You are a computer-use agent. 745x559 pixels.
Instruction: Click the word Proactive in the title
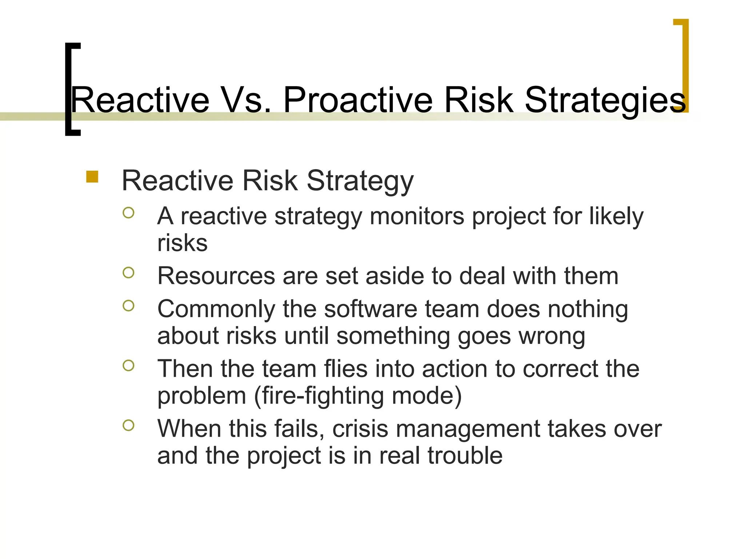tap(358, 100)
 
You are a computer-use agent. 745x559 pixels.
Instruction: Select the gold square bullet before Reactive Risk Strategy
tap(92, 177)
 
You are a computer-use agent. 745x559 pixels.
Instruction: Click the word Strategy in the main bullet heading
tap(360, 181)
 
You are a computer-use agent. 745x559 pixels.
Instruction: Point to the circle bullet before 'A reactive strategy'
tap(128, 213)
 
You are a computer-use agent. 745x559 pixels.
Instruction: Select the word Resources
tap(216, 276)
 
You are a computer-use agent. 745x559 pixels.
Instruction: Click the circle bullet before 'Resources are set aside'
tap(128, 273)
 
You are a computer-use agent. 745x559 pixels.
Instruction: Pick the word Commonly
tap(216, 309)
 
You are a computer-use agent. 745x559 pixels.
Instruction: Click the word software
tap(370, 309)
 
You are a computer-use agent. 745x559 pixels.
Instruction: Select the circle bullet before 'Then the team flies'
tap(128, 365)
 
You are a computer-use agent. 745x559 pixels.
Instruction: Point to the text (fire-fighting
tap(319, 396)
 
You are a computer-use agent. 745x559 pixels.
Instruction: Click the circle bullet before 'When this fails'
tap(128, 425)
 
